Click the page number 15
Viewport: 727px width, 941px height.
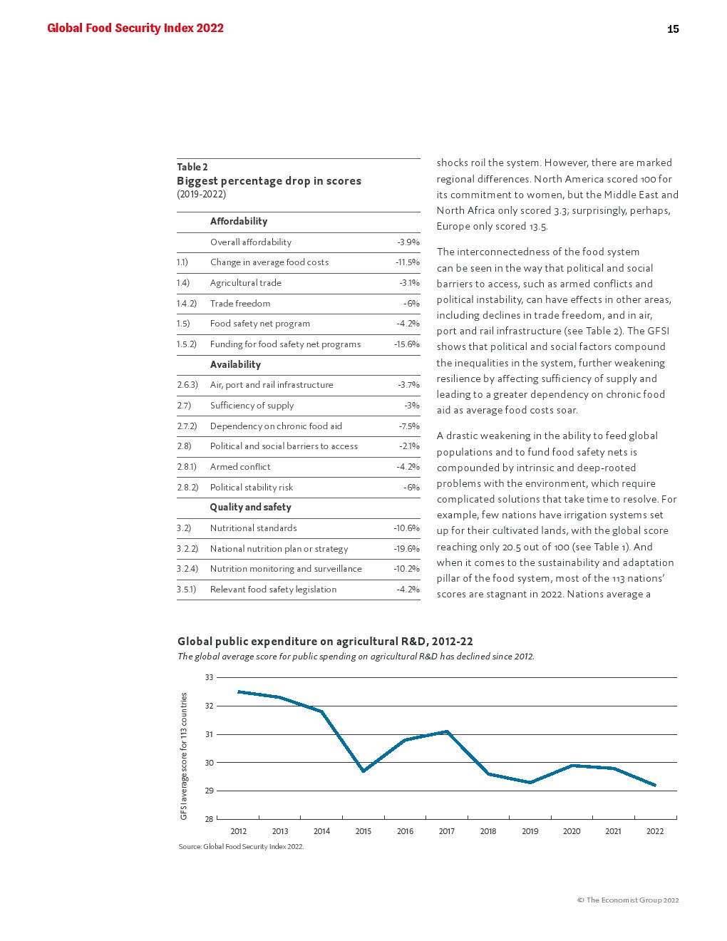click(673, 29)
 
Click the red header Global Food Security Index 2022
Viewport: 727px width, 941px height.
click(135, 29)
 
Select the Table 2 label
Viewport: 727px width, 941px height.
click(192, 167)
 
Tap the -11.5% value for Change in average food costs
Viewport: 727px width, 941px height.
click(408, 262)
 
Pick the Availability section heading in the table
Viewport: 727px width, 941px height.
click(235, 364)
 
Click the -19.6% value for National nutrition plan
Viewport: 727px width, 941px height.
click(406, 549)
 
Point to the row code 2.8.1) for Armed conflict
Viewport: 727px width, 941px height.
click(188, 467)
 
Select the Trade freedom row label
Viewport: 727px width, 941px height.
click(240, 304)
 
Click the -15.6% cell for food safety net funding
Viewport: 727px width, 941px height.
click(406, 344)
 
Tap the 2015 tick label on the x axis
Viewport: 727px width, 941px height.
click(363, 831)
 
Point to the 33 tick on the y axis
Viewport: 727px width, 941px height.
click(209, 677)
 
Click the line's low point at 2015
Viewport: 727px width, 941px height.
click(363, 771)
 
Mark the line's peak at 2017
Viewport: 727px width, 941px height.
click(447, 731)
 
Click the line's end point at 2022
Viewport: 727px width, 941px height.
click(655, 786)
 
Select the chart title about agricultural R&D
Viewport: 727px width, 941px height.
click(325, 642)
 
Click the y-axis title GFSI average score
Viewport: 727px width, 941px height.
click(184, 756)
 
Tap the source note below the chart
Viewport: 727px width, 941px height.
click(241, 847)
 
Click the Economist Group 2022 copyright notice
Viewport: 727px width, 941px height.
click(628, 900)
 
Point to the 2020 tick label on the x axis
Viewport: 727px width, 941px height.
click(572, 831)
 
